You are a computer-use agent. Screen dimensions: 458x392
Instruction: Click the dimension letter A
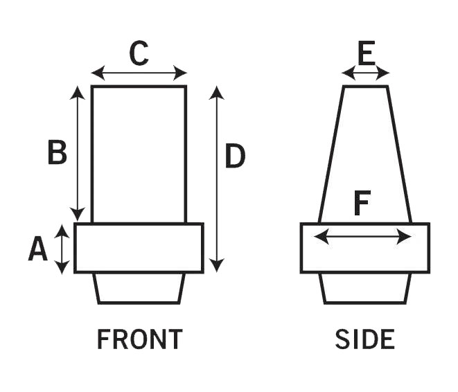click(x=38, y=249)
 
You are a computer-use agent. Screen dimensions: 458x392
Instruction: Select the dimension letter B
click(x=57, y=153)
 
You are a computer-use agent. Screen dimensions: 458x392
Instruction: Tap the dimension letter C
click(x=139, y=53)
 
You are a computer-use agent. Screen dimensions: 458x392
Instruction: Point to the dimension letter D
click(x=236, y=157)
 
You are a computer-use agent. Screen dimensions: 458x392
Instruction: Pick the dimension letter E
click(x=365, y=51)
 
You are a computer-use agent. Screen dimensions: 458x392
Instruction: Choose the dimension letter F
click(x=362, y=204)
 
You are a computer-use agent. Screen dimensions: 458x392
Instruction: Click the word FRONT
click(x=139, y=339)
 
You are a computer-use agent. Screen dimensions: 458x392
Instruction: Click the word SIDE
click(x=364, y=339)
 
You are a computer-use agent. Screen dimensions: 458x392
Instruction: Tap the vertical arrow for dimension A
click(x=62, y=249)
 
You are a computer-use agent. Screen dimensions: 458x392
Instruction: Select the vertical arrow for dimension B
click(x=78, y=153)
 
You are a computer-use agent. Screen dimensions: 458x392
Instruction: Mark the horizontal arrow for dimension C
click(x=139, y=73)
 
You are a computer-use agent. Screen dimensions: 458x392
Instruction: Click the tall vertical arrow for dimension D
click(x=217, y=179)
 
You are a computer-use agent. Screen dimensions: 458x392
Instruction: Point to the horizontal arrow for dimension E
click(x=365, y=72)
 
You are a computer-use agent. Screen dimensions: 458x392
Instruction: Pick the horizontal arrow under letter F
click(x=362, y=238)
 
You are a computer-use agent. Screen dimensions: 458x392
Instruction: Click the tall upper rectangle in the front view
click(x=139, y=153)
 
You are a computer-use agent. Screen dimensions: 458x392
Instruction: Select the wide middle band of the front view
click(x=139, y=248)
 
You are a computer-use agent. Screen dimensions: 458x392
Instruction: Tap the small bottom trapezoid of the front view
click(x=139, y=288)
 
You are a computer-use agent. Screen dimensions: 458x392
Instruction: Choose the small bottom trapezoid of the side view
click(x=365, y=288)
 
